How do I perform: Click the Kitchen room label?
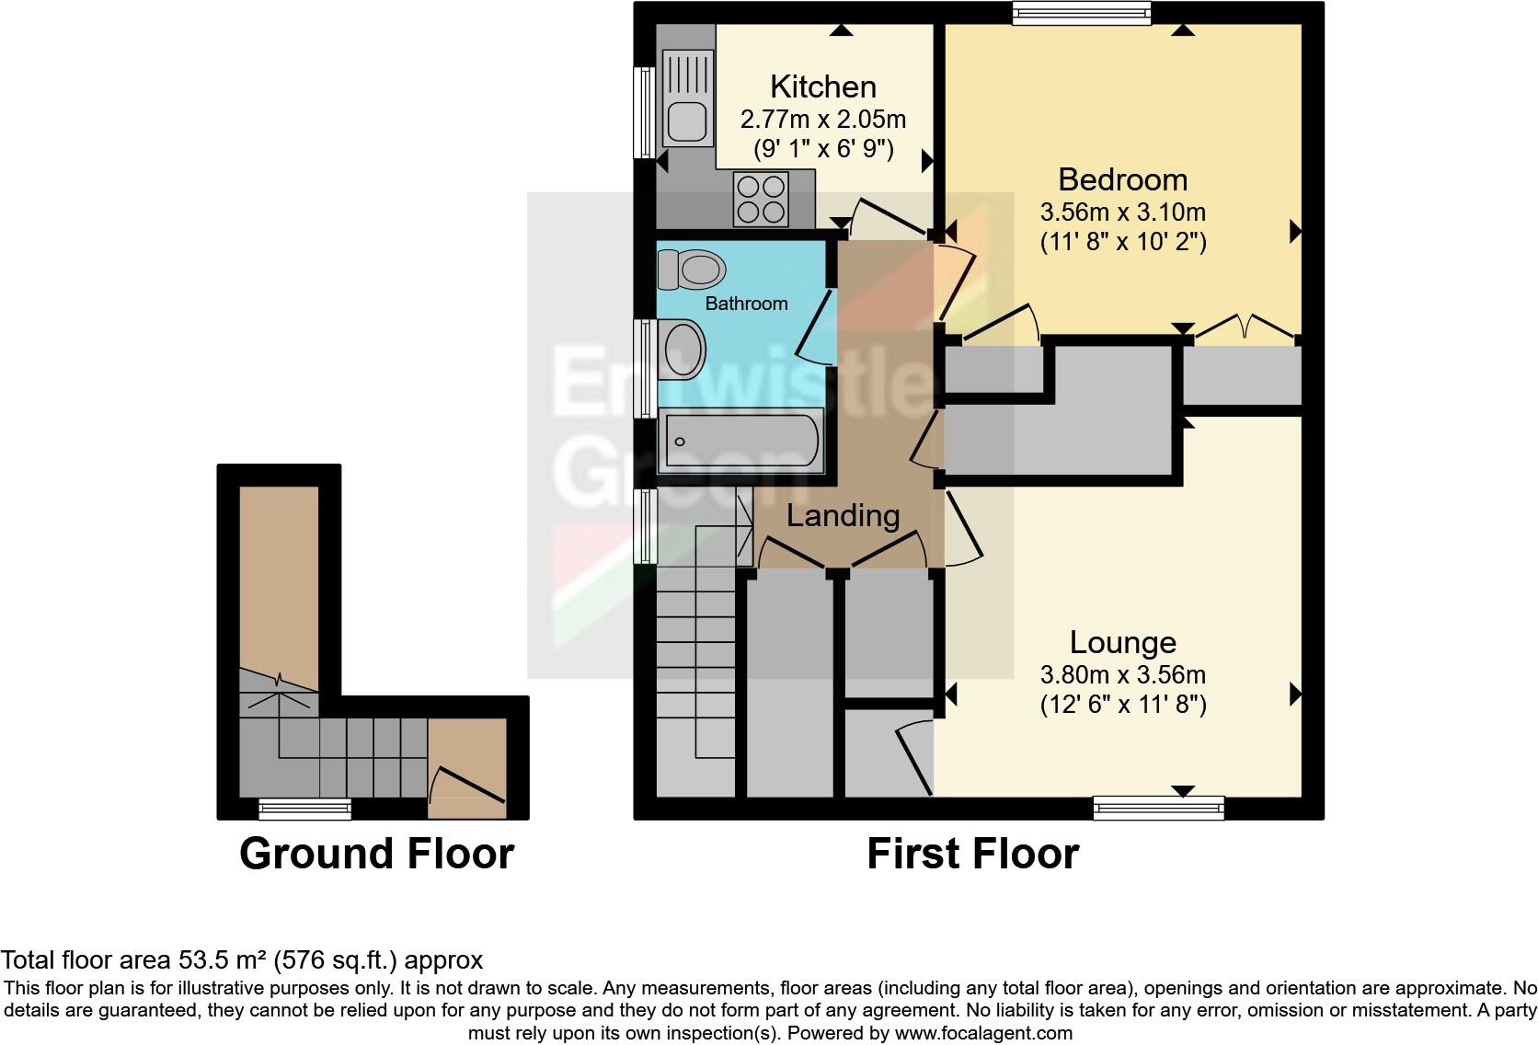822,86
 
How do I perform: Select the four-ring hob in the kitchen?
761,199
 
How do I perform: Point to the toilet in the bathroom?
693,270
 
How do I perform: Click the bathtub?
741,442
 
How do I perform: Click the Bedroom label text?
1122,179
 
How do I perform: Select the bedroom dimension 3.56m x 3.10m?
1122,212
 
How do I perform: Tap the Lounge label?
1122,642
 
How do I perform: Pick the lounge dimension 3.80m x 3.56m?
1122,675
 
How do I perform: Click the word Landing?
843,516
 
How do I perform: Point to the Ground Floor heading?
376,854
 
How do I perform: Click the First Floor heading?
972,854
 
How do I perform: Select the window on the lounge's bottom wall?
1159,808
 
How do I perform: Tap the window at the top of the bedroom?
1082,13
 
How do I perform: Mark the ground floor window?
304,809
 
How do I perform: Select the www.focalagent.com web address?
983,1033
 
